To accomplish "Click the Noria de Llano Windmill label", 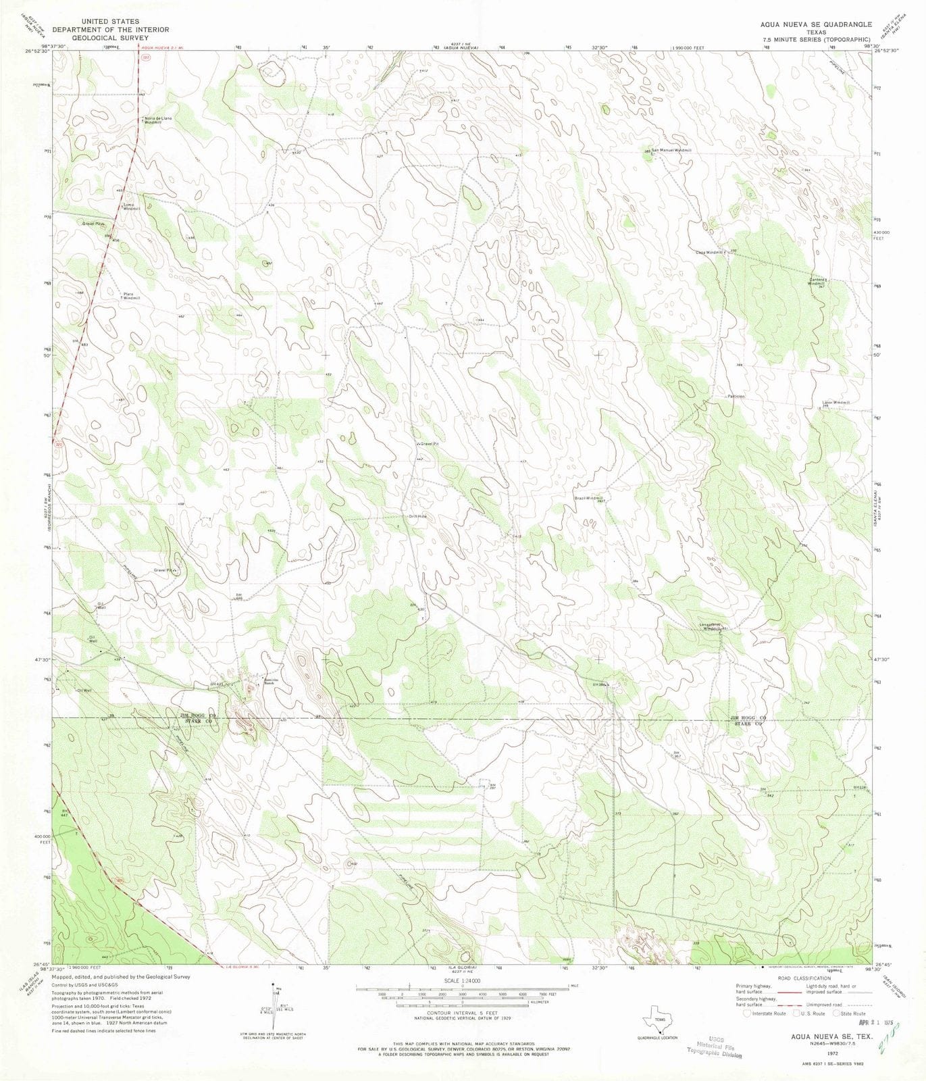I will tap(157, 120).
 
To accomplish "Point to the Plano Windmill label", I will tap(131, 296).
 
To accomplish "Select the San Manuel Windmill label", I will tap(671, 149).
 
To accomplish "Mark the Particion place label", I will tap(736, 396).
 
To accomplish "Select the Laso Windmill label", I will tap(836, 403).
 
